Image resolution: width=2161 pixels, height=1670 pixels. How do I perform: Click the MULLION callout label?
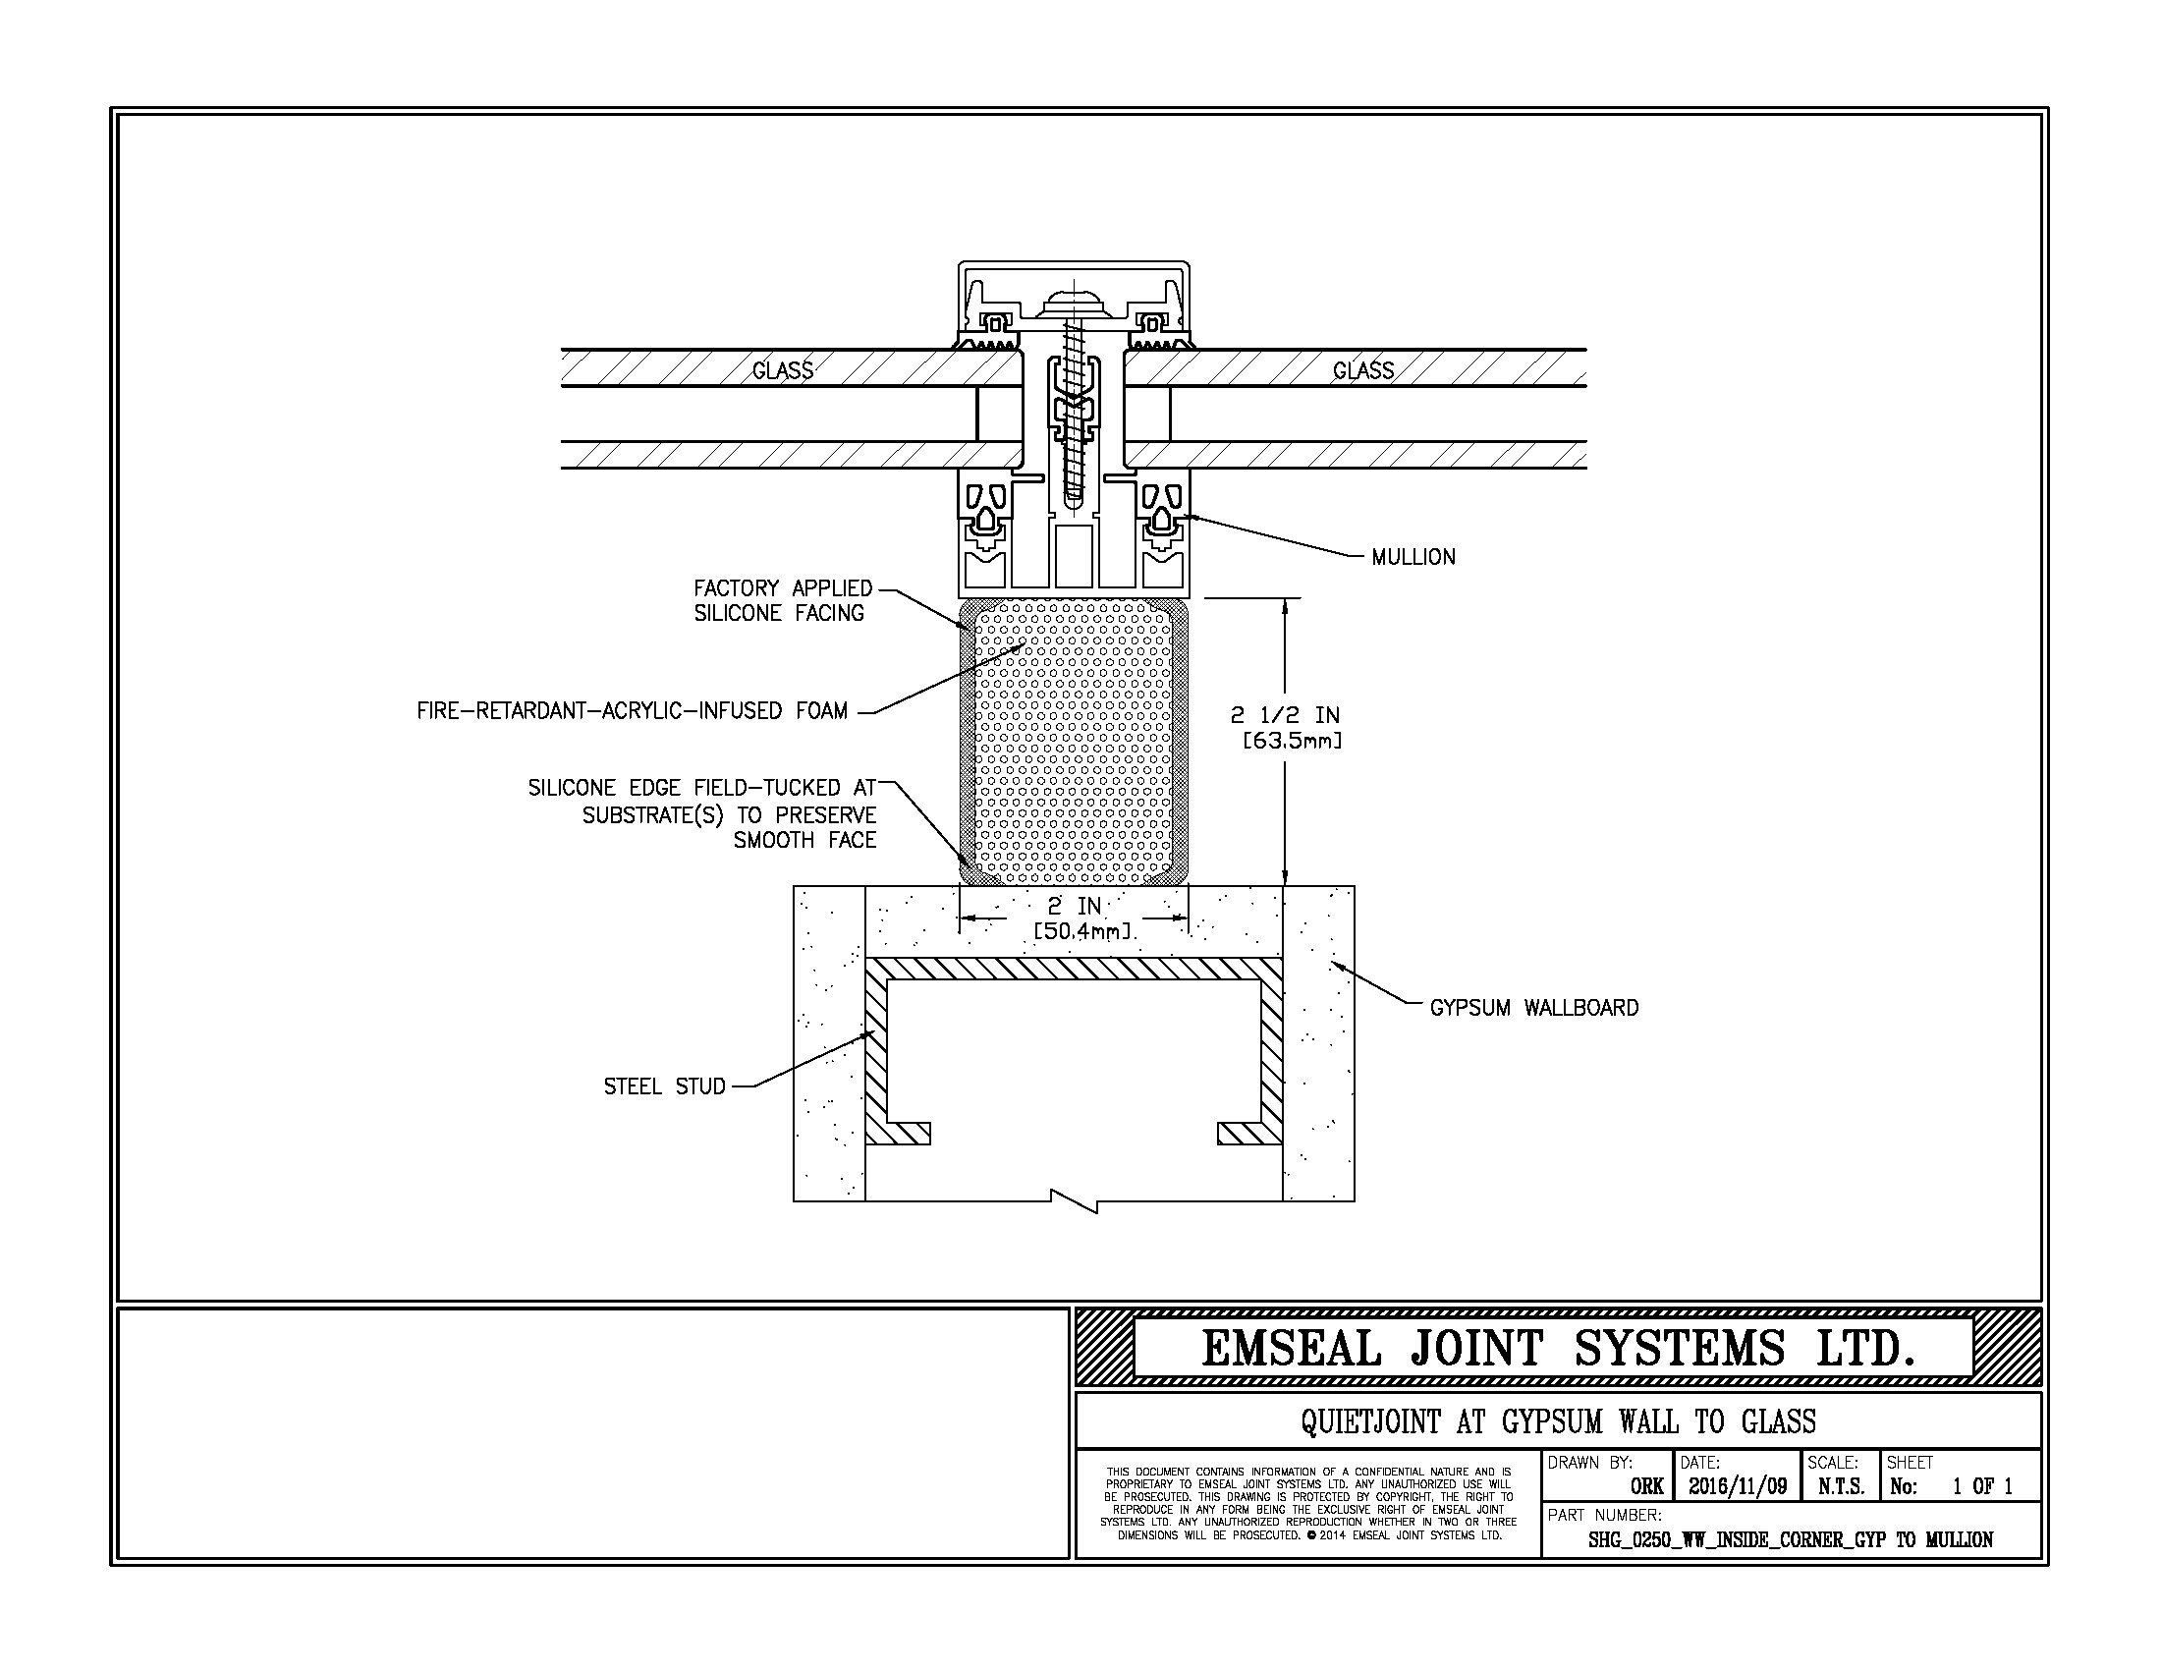coord(1413,557)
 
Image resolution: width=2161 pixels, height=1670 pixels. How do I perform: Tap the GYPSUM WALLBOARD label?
coord(1533,1008)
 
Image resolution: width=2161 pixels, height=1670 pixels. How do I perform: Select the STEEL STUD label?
coord(665,1086)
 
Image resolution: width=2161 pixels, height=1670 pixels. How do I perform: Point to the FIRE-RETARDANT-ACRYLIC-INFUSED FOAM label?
coord(633,711)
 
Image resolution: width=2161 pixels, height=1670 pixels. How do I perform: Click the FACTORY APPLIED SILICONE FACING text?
coord(783,600)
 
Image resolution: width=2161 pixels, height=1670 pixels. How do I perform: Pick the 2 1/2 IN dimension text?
coord(1286,727)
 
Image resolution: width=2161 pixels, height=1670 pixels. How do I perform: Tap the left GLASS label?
coord(783,371)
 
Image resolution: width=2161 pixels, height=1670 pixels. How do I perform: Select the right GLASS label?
coord(1362,371)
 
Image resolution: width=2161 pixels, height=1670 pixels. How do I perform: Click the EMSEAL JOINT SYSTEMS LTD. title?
coord(1558,1349)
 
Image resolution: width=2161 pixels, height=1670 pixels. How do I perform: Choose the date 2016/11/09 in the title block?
coord(1738,1486)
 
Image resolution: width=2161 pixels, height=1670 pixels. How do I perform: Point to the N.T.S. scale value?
coord(1842,1486)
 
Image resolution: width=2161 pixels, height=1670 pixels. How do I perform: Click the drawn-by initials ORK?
coord(1647,1486)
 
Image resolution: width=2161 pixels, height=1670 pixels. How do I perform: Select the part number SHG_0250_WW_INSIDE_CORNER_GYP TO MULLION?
coord(1791,1540)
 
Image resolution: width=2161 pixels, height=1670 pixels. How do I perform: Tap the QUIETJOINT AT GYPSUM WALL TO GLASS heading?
coord(1559,1421)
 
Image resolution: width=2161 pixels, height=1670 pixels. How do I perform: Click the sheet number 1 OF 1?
coord(1983,1486)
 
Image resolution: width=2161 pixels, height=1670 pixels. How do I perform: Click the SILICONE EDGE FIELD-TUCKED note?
coord(702,813)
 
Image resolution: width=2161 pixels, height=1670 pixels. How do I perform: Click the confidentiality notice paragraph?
coord(1308,1504)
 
